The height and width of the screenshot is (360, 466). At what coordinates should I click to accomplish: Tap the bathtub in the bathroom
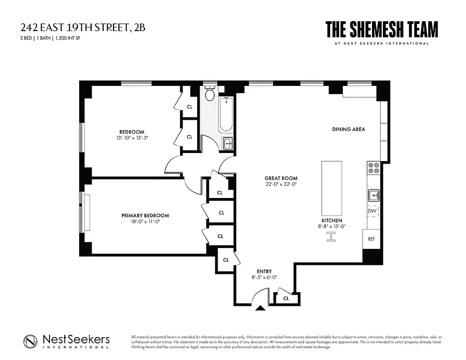point(226,115)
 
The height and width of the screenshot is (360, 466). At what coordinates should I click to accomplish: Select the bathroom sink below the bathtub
point(228,144)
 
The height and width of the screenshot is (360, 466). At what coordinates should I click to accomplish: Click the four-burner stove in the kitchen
point(373,168)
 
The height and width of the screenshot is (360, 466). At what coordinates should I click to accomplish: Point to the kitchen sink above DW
point(374,195)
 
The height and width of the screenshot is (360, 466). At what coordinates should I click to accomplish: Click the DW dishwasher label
point(372,211)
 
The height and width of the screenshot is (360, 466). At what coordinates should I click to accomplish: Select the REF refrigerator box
point(372,239)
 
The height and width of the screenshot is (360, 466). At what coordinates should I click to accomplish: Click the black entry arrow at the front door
point(260,308)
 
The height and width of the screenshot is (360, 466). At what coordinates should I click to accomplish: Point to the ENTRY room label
point(264,271)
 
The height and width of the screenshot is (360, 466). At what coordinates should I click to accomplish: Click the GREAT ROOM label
point(281,178)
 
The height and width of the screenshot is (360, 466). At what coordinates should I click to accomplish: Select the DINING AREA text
point(349,129)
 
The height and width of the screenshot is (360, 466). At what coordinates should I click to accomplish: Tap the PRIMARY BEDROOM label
point(145,216)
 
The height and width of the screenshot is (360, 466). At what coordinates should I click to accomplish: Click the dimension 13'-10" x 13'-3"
point(131,138)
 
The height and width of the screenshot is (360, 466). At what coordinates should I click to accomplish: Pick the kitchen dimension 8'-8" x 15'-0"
point(332,227)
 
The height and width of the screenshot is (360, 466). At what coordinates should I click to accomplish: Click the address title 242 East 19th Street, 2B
point(83,28)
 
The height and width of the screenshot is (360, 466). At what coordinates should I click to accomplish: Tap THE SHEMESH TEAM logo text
point(381,30)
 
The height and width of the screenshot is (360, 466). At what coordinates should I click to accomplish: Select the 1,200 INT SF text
point(67,38)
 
